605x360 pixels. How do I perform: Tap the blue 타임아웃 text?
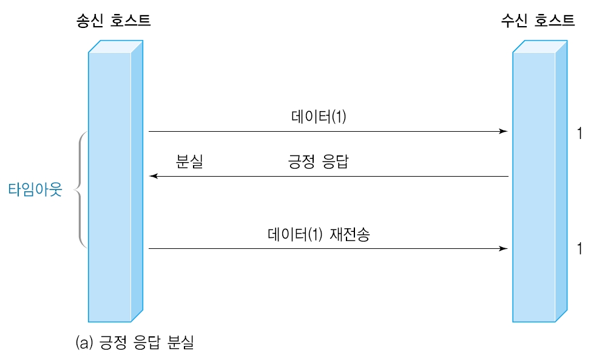tap(35, 189)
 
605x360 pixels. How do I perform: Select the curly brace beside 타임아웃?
tap(80, 189)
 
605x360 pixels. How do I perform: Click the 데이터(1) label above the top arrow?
tap(319, 117)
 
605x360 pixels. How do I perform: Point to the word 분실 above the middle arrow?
tap(189, 162)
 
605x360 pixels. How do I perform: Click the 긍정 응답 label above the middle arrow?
tap(318, 162)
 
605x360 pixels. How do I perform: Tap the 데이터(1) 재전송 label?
tap(318, 234)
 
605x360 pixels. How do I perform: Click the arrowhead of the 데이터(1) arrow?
tap(503, 131)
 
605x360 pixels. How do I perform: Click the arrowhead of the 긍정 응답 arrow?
tap(154, 176)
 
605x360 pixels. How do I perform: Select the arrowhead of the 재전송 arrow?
tap(503, 248)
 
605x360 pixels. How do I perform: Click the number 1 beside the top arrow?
tap(580, 134)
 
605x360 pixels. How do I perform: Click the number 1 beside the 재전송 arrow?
tap(580, 249)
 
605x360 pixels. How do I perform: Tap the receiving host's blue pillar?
tap(535, 188)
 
